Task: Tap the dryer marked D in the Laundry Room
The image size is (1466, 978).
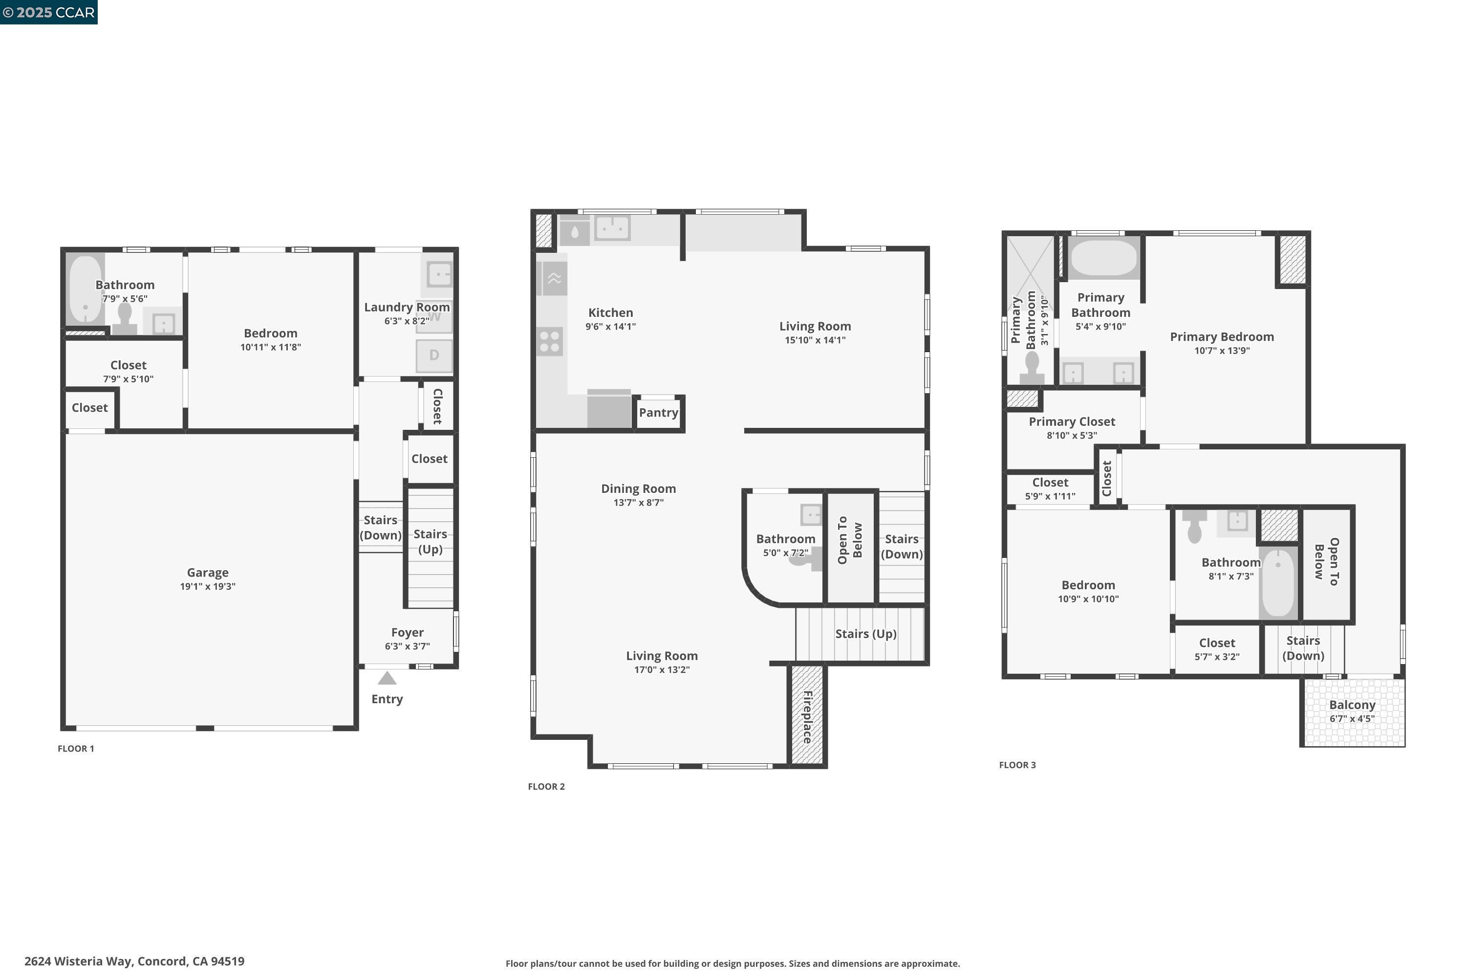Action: (x=434, y=356)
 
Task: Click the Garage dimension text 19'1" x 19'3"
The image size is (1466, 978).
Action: (x=208, y=586)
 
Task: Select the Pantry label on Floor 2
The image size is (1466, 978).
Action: (x=658, y=412)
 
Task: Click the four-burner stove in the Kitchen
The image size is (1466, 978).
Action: (x=550, y=342)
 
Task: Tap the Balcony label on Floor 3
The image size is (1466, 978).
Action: (x=1352, y=705)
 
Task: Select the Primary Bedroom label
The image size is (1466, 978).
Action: (x=1222, y=337)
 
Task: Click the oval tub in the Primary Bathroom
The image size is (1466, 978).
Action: (x=1103, y=257)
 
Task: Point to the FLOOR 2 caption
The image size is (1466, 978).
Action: (x=546, y=786)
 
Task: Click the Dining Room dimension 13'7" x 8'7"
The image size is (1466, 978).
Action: (x=638, y=503)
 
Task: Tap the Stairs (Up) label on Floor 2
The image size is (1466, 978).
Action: (x=866, y=634)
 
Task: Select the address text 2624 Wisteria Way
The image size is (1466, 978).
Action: (x=134, y=961)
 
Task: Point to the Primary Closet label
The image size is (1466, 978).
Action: (x=1072, y=422)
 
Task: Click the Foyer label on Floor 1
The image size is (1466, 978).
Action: (x=407, y=632)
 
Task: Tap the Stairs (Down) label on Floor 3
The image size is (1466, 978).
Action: (x=1303, y=648)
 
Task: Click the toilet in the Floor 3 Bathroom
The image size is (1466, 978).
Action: (x=1194, y=527)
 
